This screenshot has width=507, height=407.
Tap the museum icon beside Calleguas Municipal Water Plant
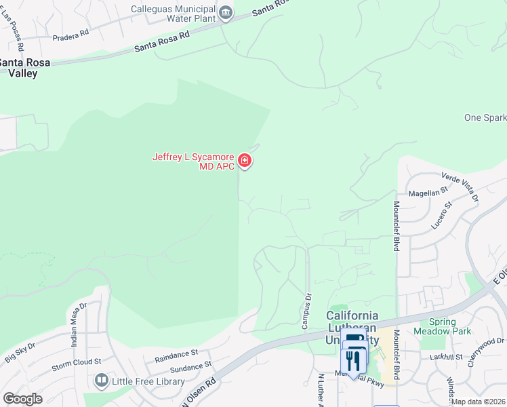tap(226, 12)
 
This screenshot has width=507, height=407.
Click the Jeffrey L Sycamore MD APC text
tap(193, 161)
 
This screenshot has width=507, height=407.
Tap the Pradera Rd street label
tap(74, 32)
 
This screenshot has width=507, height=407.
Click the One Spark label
tap(485, 117)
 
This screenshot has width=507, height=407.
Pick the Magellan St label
tap(426, 193)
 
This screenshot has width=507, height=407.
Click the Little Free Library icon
tap(102, 381)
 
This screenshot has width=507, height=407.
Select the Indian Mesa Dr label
tap(79, 324)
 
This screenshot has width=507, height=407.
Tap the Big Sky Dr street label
tap(20, 353)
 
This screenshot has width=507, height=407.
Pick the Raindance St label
tap(176, 353)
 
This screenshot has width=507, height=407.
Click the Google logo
tap(22, 399)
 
